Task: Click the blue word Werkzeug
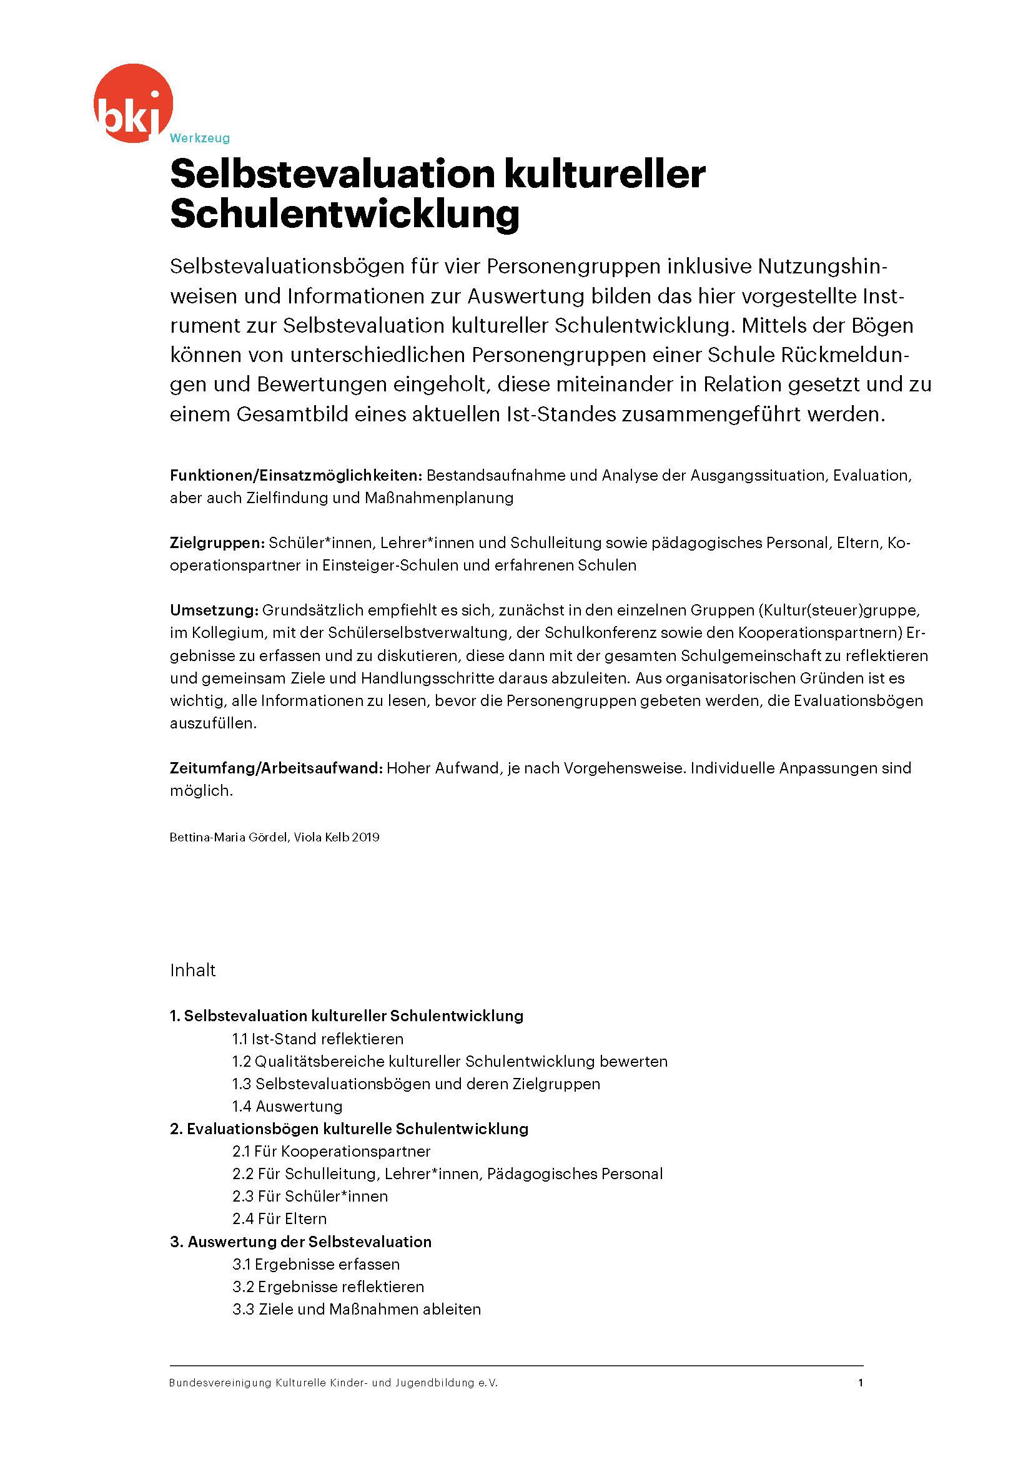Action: pyautogui.click(x=200, y=138)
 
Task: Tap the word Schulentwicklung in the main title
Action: pyautogui.click(x=345, y=213)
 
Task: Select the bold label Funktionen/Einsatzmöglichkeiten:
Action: pyautogui.click(x=296, y=475)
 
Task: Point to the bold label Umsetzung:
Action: pyautogui.click(x=214, y=610)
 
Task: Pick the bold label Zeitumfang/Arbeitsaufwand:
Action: pyautogui.click(x=276, y=768)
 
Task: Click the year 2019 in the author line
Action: pyautogui.click(x=366, y=838)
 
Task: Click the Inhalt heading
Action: pyautogui.click(x=193, y=971)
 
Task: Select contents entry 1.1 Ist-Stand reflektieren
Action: pyautogui.click(x=317, y=1039)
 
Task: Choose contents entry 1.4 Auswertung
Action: pyautogui.click(x=287, y=1106)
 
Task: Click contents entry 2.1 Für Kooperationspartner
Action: pyautogui.click(x=331, y=1151)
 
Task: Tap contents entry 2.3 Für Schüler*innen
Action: pyautogui.click(x=310, y=1196)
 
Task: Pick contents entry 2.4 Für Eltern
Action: pyautogui.click(x=279, y=1218)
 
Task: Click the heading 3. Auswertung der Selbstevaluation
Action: pyautogui.click(x=301, y=1242)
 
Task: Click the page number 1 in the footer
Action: pyautogui.click(x=860, y=1383)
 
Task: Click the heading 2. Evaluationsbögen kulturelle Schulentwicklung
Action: pyautogui.click(x=349, y=1129)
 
